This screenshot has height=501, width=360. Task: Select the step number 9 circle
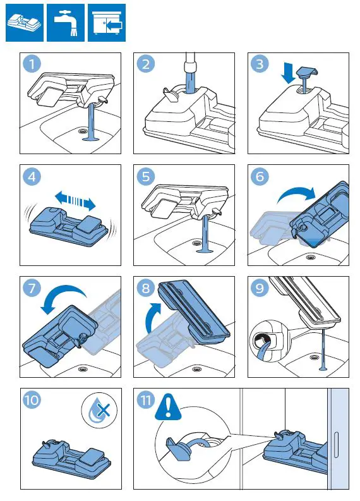[x=259, y=289]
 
